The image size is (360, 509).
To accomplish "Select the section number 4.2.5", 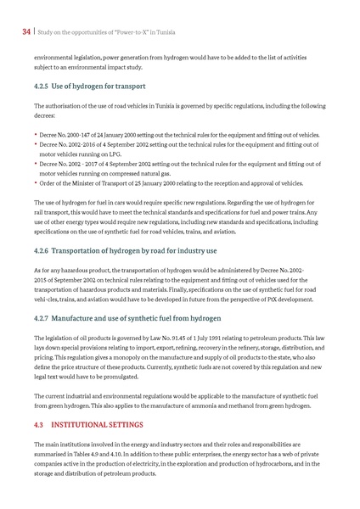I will pyautogui.click(x=44, y=87).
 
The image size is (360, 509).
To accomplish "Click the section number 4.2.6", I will pyautogui.click(x=44, y=250).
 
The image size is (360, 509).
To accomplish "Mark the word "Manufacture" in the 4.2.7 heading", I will pyautogui.click(x=82, y=319).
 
